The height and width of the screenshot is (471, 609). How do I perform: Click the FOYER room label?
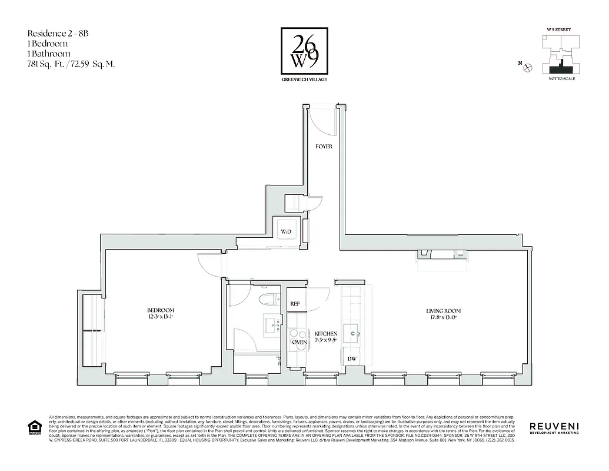coord(324,147)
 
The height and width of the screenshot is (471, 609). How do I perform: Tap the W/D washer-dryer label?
coord(285,232)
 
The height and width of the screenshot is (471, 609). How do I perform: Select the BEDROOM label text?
coord(161,311)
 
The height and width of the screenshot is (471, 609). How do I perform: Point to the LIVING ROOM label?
coord(443,311)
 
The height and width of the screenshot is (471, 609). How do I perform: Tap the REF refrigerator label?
coord(295,304)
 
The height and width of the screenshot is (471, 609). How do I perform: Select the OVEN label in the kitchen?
coord(299,342)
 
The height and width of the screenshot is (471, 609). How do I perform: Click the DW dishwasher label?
coord(352,358)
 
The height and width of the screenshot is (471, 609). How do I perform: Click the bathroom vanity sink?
coord(272,323)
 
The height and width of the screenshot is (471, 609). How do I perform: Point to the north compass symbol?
coord(528,68)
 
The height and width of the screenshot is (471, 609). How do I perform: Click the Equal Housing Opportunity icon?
coord(34,427)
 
